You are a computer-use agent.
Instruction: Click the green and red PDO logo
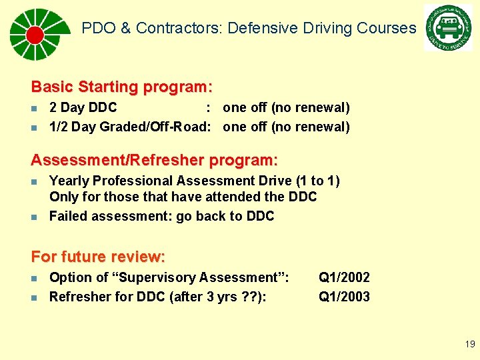[36, 34]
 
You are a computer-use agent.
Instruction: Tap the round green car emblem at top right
[448, 27]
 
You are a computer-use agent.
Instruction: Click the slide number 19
[470, 345]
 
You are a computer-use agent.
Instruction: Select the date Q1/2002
[344, 277]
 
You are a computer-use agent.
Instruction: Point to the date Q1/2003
[344, 297]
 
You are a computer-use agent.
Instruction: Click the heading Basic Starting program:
[122, 87]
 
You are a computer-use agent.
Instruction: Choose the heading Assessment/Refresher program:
[155, 161]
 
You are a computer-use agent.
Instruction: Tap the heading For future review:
[98, 257]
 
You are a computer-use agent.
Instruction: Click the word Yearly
[69, 181]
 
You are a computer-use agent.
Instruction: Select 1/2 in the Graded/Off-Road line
[59, 127]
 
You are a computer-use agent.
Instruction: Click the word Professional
[131, 181]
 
